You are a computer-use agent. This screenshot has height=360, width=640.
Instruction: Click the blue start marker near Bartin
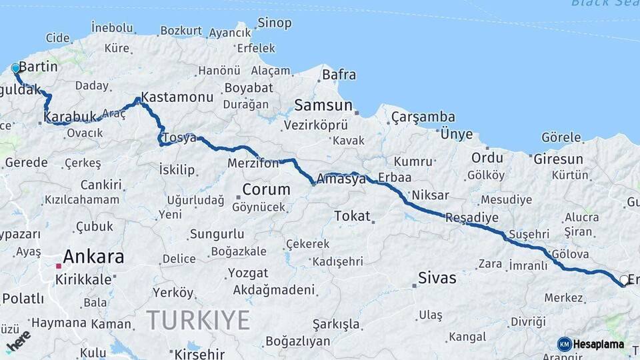click(15, 68)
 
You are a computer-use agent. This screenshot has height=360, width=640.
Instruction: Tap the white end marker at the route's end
click(624, 280)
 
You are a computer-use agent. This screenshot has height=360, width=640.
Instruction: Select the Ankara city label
click(93, 257)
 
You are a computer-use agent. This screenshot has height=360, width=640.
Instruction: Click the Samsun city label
click(323, 105)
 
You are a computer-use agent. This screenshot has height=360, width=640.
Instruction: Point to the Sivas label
click(437, 278)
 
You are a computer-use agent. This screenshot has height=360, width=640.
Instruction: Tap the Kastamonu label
click(177, 97)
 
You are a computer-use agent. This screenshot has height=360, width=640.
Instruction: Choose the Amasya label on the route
click(341, 179)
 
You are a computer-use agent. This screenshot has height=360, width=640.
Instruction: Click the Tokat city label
click(351, 215)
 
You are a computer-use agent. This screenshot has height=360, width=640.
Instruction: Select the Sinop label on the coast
click(275, 23)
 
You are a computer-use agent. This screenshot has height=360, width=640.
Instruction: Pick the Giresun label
click(558, 159)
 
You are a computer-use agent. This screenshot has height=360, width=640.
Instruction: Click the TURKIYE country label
click(199, 320)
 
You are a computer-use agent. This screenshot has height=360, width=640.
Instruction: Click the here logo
click(18, 341)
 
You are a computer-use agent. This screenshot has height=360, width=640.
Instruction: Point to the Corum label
click(266, 189)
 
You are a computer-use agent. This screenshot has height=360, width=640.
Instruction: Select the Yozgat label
click(248, 273)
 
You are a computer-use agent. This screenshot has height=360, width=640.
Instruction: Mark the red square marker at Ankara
click(59, 266)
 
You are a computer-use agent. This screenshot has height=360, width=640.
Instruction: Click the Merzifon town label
click(253, 163)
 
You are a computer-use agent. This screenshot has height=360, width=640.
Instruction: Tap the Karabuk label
click(70, 117)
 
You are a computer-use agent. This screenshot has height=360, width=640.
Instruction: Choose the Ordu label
click(487, 158)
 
